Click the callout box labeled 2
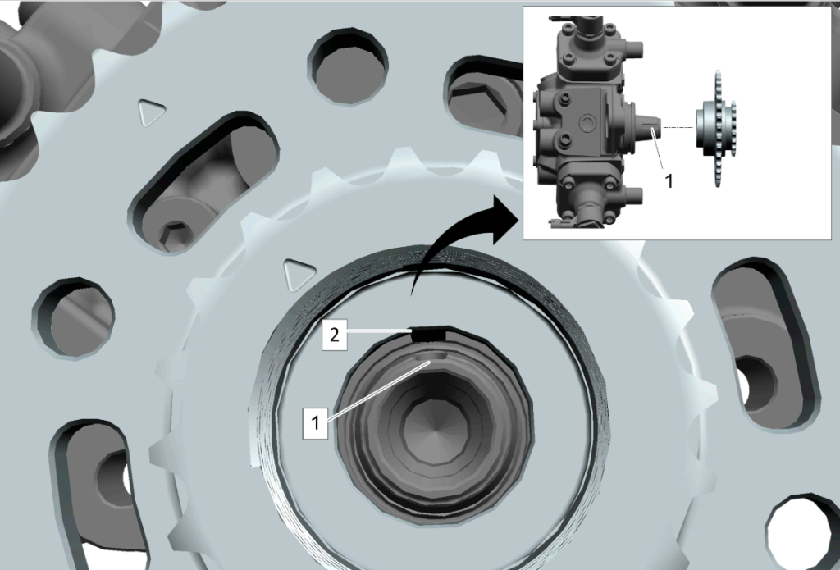[335, 335]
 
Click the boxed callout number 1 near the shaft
[316, 423]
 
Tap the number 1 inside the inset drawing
[669, 181]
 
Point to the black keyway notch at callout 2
[428, 334]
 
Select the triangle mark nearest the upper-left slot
[151, 112]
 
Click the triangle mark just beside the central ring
[299, 275]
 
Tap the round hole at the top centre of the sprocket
[348, 67]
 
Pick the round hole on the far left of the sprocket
[73, 317]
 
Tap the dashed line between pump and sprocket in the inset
[678, 127]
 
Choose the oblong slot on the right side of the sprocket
[765, 344]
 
